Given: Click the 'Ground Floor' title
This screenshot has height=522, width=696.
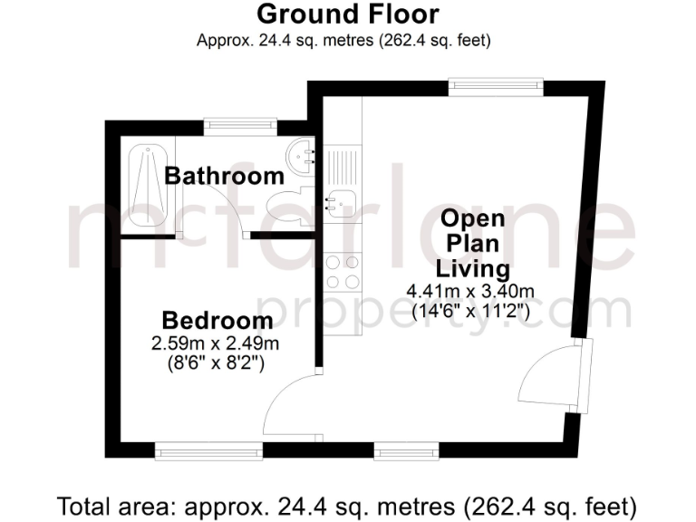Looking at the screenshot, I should pos(348,14).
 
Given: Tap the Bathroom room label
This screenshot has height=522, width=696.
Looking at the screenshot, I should pos(224,176).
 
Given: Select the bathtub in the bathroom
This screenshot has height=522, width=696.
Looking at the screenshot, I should pos(143,187).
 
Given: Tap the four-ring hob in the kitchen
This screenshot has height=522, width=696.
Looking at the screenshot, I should pos(343,268).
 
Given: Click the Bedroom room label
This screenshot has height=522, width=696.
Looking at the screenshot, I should pos(217,321).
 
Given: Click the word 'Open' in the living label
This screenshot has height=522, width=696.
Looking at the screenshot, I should pos(473,219).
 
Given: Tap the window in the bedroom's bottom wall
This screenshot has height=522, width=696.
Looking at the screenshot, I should pos(191,449).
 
